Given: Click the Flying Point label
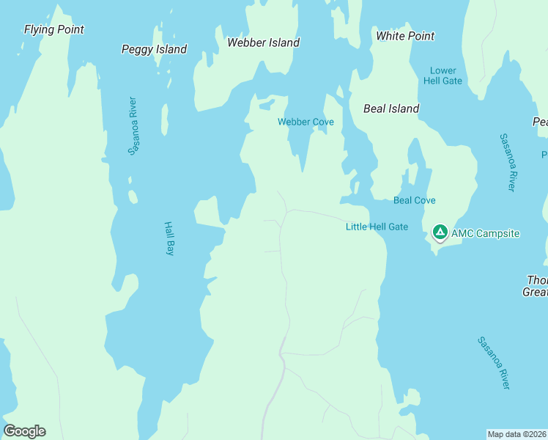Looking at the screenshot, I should (x=53, y=29).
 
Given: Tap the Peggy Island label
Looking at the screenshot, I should (x=154, y=49).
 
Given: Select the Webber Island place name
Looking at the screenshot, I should (x=263, y=43).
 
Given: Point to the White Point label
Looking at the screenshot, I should (x=405, y=36).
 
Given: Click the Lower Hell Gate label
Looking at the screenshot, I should (x=443, y=76).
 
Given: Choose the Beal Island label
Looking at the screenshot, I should (x=391, y=109).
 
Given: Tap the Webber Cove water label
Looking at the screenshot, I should (x=306, y=122).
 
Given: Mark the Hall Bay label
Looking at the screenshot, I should (x=169, y=238).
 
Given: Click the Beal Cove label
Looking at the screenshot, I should (x=415, y=200).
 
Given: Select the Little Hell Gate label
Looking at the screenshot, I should (x=377, y=227).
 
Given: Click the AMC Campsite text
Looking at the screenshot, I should (x=485, y=234).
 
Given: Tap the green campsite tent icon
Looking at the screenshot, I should (x=440, y=232).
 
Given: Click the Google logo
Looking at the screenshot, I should (x=24, y=431).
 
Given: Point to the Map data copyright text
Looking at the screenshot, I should (x=516, y=434).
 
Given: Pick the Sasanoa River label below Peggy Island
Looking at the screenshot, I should (x=133, y=125).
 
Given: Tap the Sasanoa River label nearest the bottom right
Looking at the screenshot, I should (x=494, y=363).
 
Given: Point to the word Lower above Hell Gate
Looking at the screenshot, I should (x=443, y=70).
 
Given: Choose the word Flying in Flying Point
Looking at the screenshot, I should (x=39, y=29).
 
